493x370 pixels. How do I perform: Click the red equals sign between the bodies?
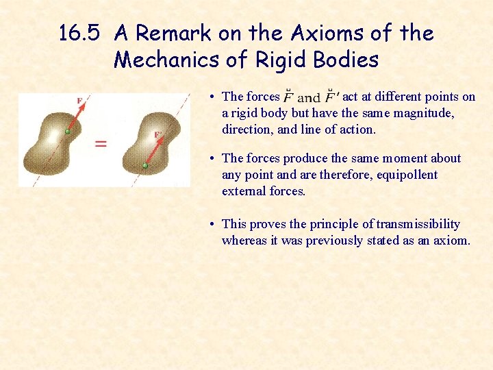[101, 143]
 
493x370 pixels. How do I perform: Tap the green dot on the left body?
[67, 130]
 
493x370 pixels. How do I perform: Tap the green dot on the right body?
[145, 165]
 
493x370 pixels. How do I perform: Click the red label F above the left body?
[80, 101]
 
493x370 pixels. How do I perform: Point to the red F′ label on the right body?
[158, 134]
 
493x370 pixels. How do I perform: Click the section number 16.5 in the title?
[80, 33]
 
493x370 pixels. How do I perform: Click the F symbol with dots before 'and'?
[289, 97]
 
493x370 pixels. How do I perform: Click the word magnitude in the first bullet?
[424, 113]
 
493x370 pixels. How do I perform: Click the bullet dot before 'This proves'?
[214, 225]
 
